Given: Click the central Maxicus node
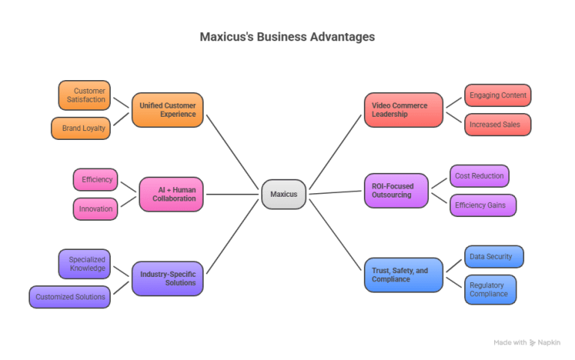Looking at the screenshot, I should click(284, 195).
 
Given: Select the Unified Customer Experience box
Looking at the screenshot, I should click(168, 110).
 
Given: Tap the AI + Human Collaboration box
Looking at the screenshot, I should click(171, 194).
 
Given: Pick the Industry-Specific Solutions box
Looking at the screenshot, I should click(168, 278).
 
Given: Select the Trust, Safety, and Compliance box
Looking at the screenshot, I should click(404, 274).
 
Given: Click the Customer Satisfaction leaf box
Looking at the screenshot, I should click(85, 96).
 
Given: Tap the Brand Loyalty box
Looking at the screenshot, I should click(80, 128).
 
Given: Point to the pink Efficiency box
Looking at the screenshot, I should click(95, 180).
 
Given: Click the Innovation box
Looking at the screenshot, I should click(95, 209).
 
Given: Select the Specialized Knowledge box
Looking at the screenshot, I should click(84, 263).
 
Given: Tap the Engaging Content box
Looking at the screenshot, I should click(498, 96).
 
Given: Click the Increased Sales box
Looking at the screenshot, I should click(498, 124).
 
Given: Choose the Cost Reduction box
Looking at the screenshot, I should click(479, 176).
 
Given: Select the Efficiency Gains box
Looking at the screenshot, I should click(483, 204).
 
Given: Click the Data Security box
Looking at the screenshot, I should click(493, 257).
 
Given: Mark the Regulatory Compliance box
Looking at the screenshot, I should click(490, 290).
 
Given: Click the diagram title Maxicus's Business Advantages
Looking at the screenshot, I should click(287, 37).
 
